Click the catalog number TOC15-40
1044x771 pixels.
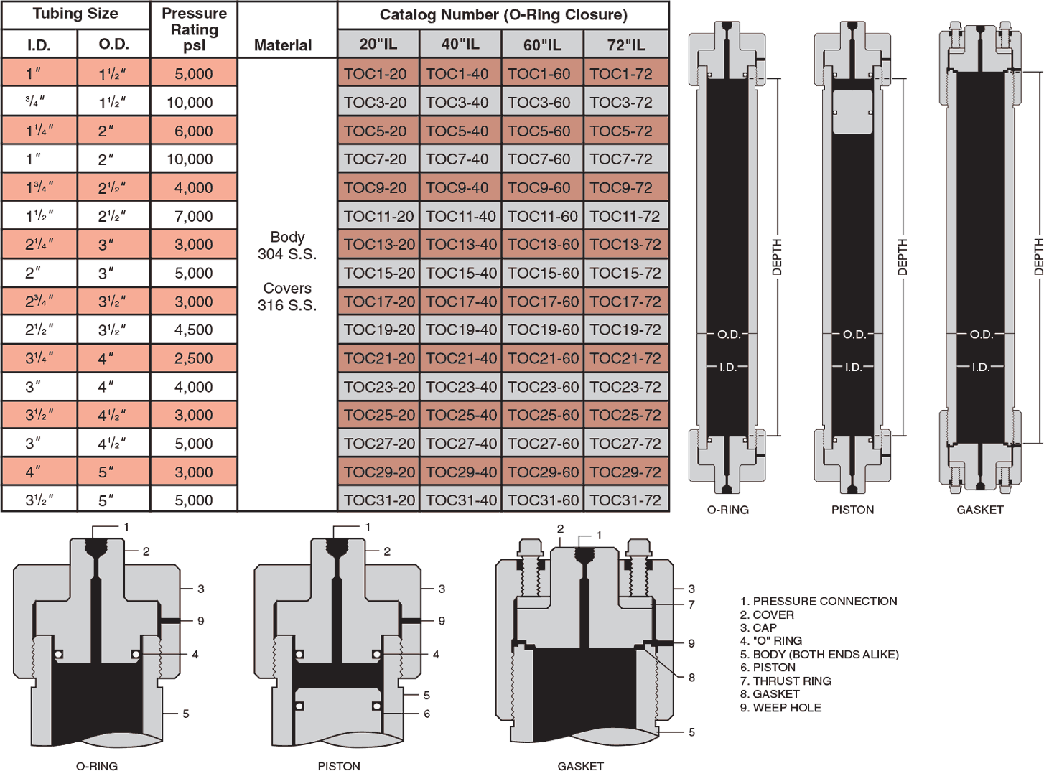[x=460, y=273]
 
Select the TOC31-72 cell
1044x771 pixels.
[x=625, y=500]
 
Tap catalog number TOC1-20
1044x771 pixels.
[x=376, y=74]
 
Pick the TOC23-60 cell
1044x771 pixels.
[x=543, y=387]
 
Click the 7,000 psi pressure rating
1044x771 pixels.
[x=193, y=216]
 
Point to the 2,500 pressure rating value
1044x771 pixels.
[x=193, y=358]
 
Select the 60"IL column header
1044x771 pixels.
[x=542, y=45]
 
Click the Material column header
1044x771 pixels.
[x=283, y=45]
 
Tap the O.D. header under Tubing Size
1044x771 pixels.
[x=113, y=45]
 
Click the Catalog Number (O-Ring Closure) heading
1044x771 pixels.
[x=503, y=14]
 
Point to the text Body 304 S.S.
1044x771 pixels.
[x=287, y=246]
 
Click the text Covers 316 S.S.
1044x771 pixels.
[x=287, y=296]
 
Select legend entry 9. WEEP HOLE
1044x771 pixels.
[x=780, y=708]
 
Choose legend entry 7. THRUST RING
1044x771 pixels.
[x=786, y=681]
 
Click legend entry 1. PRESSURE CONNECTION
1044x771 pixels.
[x=819, y=602]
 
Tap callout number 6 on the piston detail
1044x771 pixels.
[x=427, y=714]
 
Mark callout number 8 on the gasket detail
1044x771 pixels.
[x=691, y=678]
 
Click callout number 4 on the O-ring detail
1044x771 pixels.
[x=195, y=655]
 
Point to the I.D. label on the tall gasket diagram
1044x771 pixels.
[x=980, y=368]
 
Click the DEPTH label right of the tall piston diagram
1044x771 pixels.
[x=903, y=256]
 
